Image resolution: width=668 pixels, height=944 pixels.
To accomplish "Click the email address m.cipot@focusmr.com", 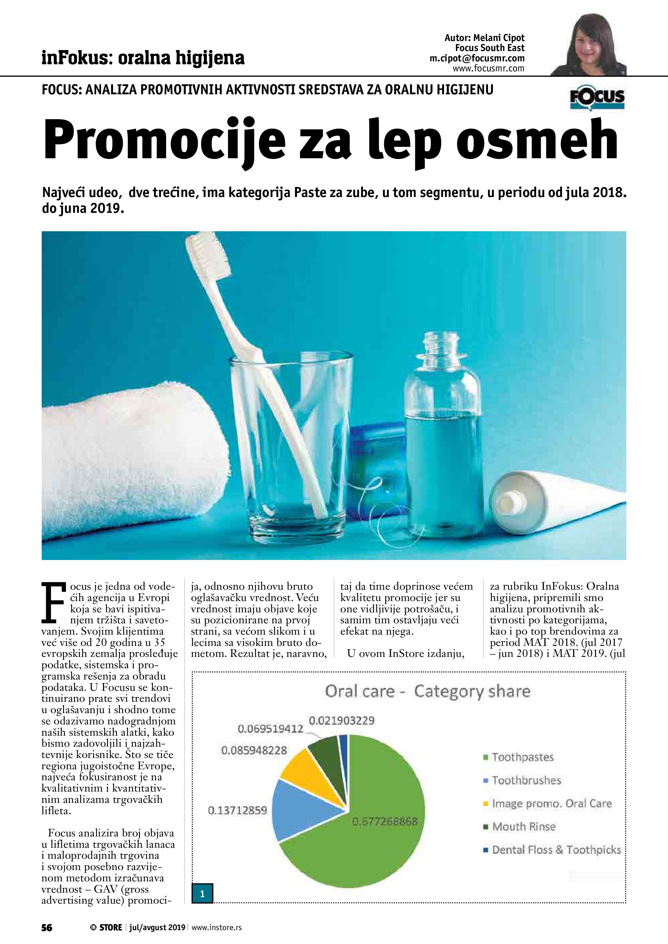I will pyautogui.click(x=477, y=58).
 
